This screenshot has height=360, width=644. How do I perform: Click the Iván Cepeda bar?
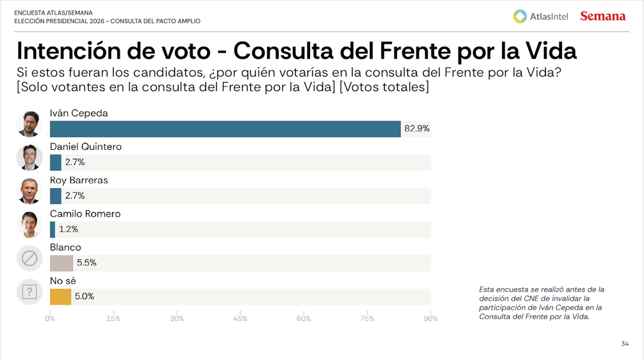pos(225,129)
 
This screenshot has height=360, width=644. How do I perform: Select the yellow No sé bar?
pos(60,297)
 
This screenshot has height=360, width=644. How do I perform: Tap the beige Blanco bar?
pos(61,263)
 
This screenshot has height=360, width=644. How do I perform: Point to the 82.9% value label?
pos(417,129)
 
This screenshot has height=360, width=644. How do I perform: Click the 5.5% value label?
pos(87,262)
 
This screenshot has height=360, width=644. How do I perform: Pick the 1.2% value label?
pos(68,229)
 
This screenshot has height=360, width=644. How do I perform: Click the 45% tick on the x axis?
pos(240,319)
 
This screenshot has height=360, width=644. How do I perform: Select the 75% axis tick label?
pos(367,319)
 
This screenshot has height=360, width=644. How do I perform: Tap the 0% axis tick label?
pos(50,319)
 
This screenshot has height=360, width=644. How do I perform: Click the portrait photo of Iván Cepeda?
pos(29,124)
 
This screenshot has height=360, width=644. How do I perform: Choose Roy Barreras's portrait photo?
pos(29,191)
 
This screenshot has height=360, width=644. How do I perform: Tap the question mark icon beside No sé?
pos(29,292)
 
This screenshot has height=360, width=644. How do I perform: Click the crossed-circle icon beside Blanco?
pos(29,258)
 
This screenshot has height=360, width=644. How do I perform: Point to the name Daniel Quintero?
pos(86,147)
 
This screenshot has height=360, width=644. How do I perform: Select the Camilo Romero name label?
pos(85,214)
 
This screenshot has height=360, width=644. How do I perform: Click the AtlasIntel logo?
pos(540,16)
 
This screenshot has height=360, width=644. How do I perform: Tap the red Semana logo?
pos(603,16)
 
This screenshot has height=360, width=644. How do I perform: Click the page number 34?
pos(625,344)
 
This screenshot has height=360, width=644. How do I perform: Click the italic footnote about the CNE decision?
pos(541,303)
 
